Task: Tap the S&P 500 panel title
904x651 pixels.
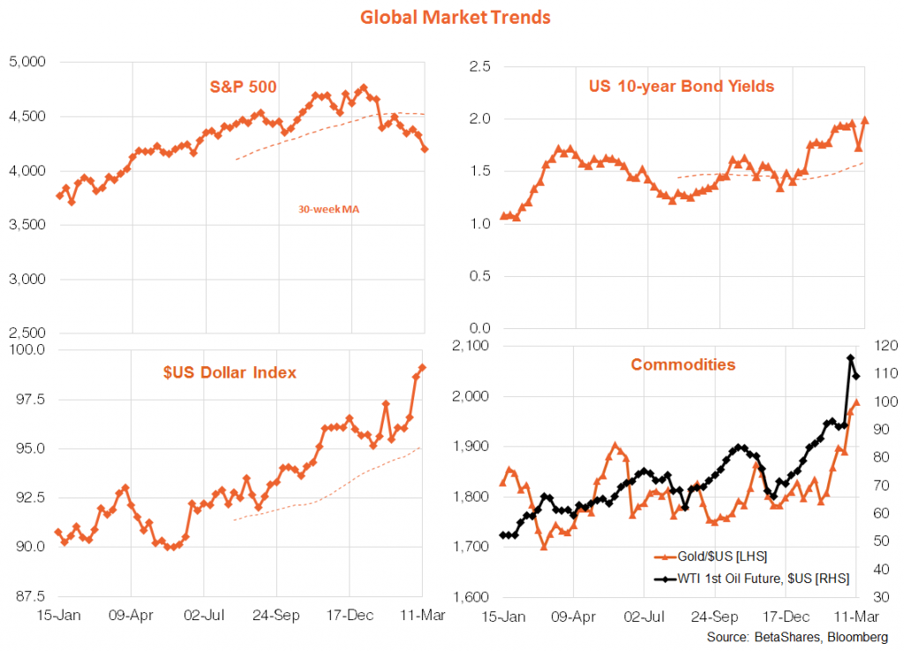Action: click(x=244, y=86)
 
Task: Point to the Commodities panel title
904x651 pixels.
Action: click(x=682, y=364)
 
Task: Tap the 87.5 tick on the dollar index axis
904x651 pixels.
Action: click(x=29, y=597)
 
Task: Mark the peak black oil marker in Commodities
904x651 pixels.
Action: click(x=850, y=358)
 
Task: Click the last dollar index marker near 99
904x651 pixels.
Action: click(x=423, y=368)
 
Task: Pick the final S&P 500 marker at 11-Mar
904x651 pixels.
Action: click(x=425, y=149)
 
